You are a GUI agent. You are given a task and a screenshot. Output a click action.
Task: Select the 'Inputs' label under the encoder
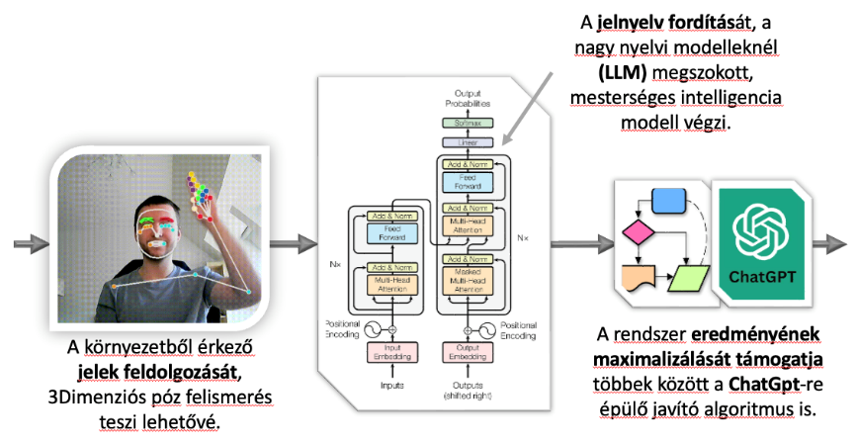click(x=392, y=385)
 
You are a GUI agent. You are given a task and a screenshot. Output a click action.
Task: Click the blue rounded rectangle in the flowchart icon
click(x=669, y=203)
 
